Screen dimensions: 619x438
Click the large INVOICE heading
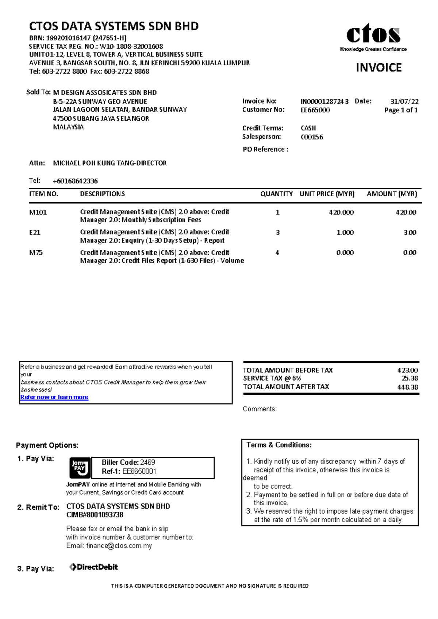(379, 67)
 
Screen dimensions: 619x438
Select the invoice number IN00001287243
(324, 101)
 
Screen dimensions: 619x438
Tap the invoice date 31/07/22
(404, 101)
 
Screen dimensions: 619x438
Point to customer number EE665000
(315, 110)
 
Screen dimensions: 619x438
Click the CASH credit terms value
(308, 128)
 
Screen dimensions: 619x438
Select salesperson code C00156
(312, 137)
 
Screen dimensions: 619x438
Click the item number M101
(38, 212)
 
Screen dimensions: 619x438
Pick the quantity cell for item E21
(278, 232)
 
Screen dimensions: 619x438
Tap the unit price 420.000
(341, 212)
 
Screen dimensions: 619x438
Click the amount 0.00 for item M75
(410, 252)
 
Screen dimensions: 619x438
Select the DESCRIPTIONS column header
(102, 194)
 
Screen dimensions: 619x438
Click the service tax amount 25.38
(410, 378)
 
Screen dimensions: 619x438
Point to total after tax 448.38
(407, 387)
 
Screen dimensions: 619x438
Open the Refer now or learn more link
(54, 397)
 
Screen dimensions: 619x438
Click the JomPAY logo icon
(80, 468)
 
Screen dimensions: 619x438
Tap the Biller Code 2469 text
(128, 462)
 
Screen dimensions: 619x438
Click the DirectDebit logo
(93, 567)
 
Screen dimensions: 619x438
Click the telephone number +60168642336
(75, 181)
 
